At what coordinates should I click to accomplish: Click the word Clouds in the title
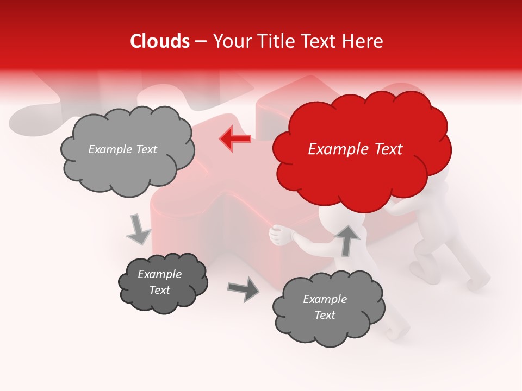pos(160,41)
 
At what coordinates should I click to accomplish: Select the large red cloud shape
pos(362,163)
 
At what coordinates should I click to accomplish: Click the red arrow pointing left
pos(235,138)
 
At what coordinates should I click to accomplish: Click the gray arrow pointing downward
pos(138,230)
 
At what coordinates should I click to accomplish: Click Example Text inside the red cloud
pos(355,149)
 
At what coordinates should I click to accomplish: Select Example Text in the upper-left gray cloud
pos(122,149)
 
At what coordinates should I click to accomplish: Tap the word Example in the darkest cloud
pos(159,274)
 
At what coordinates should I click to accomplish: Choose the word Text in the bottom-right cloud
pos(325,315)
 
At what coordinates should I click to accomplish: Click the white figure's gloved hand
pos(281,235)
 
